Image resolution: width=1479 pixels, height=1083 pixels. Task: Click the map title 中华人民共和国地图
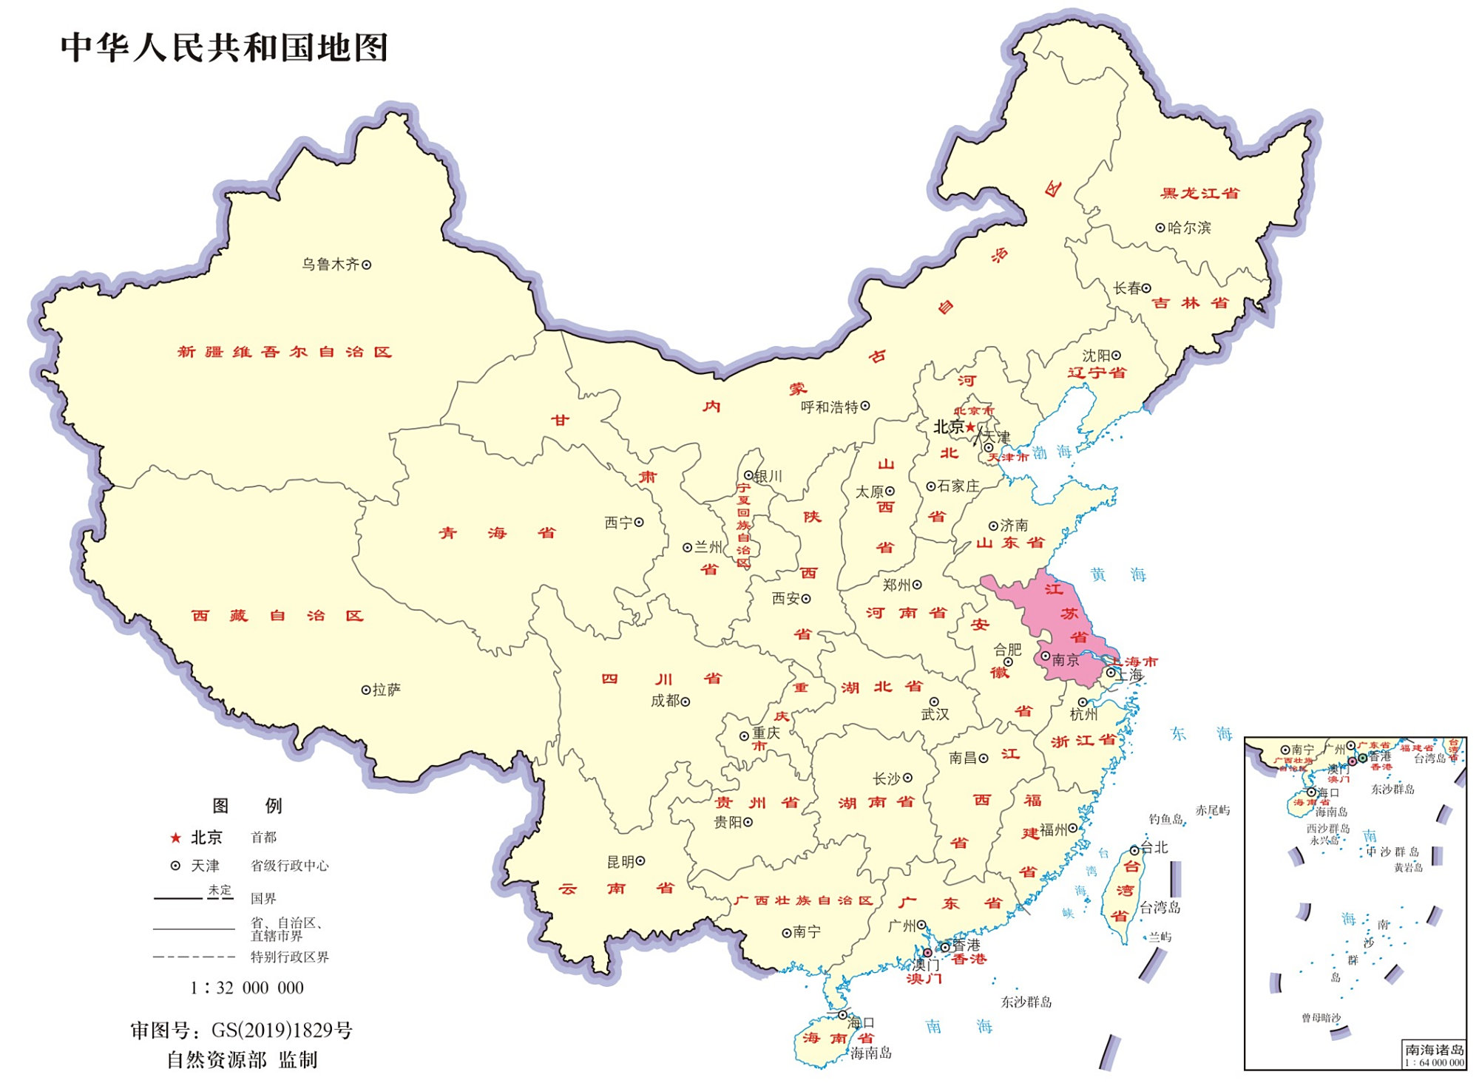(224, 48)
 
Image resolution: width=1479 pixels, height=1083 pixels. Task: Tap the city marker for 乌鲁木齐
(366, 265)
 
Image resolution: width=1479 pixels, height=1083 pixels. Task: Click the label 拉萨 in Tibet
(386, 690)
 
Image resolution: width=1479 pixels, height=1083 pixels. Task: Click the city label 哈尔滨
(1189, 228)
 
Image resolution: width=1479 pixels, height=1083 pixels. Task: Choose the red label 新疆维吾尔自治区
(284, 352)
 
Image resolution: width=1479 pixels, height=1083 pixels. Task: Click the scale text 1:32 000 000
(247, 988)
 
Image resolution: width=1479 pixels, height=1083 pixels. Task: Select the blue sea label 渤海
(1052, 452)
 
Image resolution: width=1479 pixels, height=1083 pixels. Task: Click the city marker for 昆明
(640, 861)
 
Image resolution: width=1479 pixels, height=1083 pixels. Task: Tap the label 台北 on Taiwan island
(1154, 847)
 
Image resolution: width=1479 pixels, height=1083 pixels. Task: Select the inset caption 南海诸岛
(1434, 1049)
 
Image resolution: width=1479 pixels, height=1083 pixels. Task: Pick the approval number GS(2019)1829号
(282, 1030)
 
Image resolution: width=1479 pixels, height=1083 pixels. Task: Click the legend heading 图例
(247, 806)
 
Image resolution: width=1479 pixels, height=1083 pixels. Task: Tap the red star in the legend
(175, 838)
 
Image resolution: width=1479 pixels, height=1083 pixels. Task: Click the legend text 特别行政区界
(289, 957)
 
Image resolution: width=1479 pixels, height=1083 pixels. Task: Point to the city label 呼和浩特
(829, 407)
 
